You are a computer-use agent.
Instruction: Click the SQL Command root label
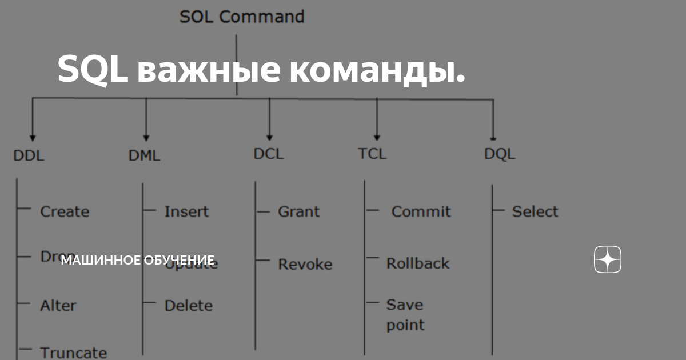[x=242, y=17]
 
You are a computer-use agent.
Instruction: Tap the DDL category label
[x=29, y=155]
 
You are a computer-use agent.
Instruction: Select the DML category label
[x=145, y=155]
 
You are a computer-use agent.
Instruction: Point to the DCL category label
[x=268, y=154]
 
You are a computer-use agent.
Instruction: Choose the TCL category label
[x=372, y=154]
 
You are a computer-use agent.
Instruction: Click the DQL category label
[x=500, y=154]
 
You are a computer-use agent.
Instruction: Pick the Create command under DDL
[x=65, y=211]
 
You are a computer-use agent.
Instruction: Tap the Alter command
[x=58, y=306]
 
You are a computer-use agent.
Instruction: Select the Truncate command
[x=73, y=353]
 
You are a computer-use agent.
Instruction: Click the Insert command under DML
[x=186, y=211]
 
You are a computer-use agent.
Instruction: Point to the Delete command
[x=188, y=306]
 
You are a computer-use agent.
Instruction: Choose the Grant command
[x=298, y=211]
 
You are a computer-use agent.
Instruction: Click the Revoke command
[x=305, y=264]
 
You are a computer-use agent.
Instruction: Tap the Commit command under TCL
[x=421, y=211]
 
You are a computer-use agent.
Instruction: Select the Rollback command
[x=418, y=263]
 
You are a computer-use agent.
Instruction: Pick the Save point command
[x=405, y=315]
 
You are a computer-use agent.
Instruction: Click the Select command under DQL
[x=535, y=211]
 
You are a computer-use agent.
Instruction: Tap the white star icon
[x=608, y=260]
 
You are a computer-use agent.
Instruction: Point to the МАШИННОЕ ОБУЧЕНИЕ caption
[x=138, y=261]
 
